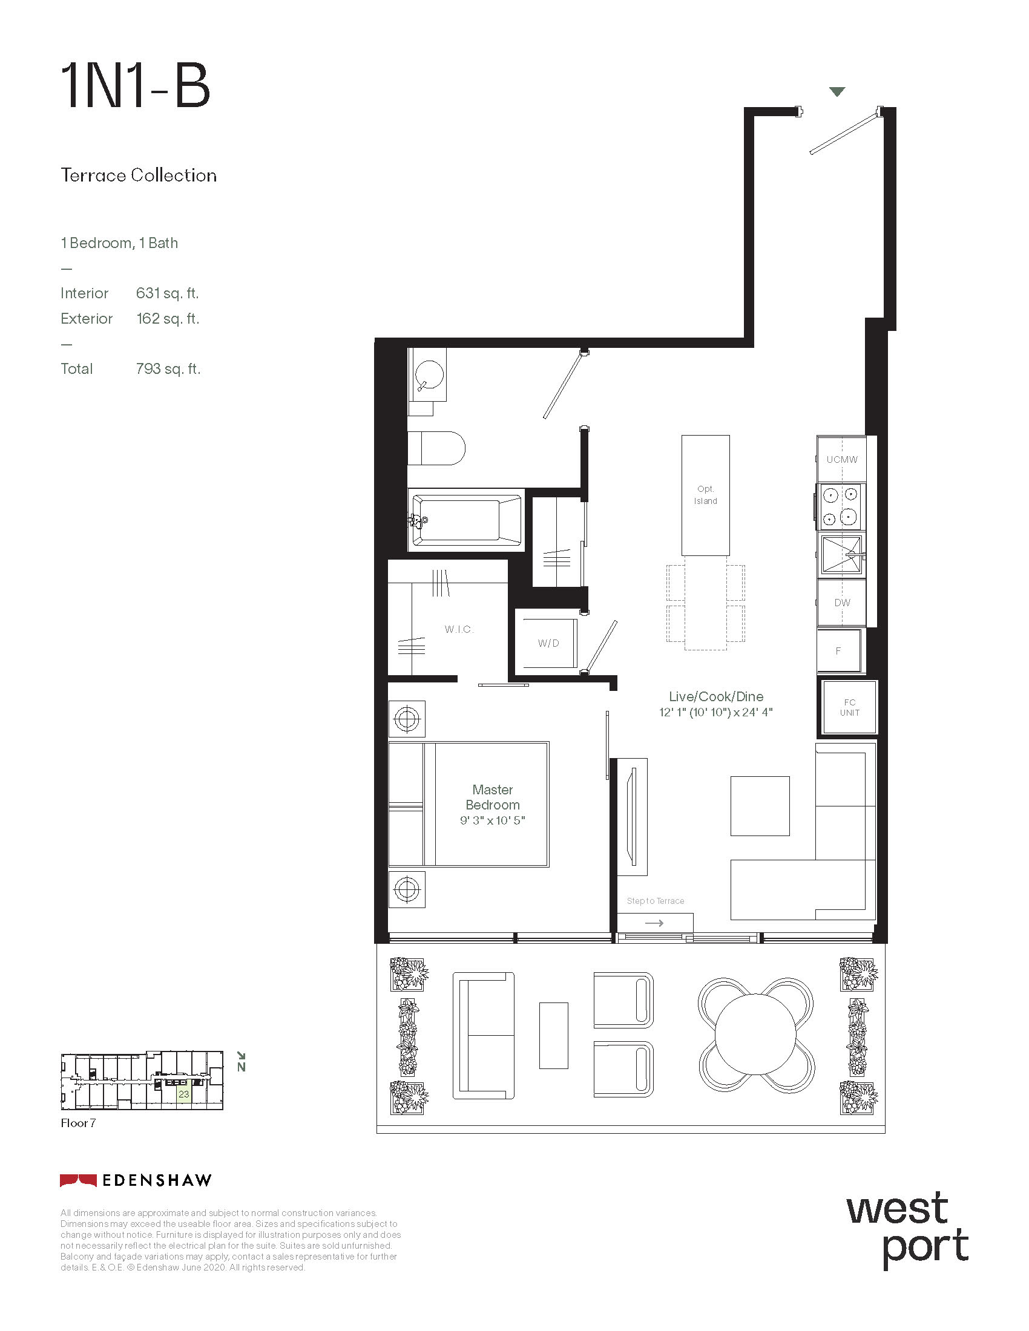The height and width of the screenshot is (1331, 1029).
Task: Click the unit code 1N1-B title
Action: pyautogui.click(x=136, y=87)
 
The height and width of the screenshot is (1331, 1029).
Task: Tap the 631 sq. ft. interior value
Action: pyautogui.click(x=168, y=293)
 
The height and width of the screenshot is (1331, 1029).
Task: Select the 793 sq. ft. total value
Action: pyautogui.click(x=168, y=368)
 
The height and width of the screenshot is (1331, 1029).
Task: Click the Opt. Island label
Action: pyautogui.click(x=705, y=495)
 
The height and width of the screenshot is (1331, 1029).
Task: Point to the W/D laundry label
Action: pyautogui.click(x=548, y=643)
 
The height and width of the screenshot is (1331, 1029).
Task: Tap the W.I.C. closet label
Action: pyautogui.click(x=459, y=629)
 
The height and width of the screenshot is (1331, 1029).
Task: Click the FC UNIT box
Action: pyautogui.click(x=849, y=707)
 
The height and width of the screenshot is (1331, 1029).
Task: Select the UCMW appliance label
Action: pyautogui.click(x=842, y=460)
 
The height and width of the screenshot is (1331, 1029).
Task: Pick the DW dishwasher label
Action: pyautogui.click(x=842, y=602)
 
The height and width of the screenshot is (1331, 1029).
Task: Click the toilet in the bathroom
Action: pyautogui.click(x=436, y=448)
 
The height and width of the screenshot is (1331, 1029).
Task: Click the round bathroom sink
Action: pyautogui.click(x=429, y=373)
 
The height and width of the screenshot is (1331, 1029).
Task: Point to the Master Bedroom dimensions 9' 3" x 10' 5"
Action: pyautogui.click(x=493, y=820)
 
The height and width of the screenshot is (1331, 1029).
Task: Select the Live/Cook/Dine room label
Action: pyautogui.click(x=716, y=696)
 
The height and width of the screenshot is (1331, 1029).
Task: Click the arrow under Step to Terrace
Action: pyautogui.click(x=654, y=923)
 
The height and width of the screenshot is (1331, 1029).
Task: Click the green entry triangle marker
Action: pyautogui.click(x=837, y=92)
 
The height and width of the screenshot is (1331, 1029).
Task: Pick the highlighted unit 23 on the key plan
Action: pyautogui.click(x=183, y=1094)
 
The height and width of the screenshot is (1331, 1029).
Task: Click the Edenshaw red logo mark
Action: pyautogui.click(x=78, y=1180)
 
